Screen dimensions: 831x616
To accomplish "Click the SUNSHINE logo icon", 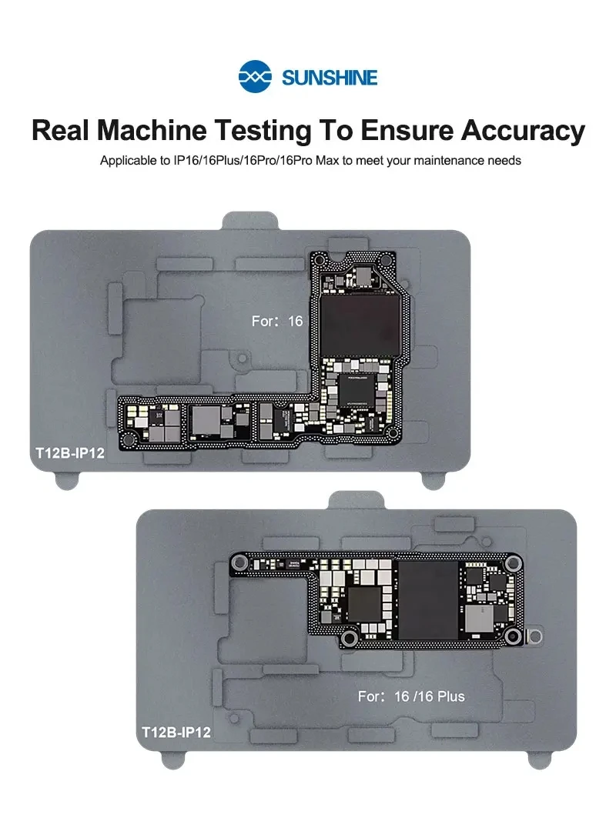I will tap(256, 77).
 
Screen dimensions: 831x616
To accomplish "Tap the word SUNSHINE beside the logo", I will tap(330, 78).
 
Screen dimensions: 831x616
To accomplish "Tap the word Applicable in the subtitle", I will tap(127, 161).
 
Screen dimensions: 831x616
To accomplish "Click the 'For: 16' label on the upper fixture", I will tap(277, 321).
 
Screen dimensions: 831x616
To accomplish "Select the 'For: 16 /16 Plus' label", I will tap(411, 696).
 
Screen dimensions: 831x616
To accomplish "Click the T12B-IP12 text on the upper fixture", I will tap(69, 453).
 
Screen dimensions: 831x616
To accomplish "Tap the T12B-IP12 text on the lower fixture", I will tap(176, 733).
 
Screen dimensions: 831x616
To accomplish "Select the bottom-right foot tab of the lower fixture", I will tap(537, 759).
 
